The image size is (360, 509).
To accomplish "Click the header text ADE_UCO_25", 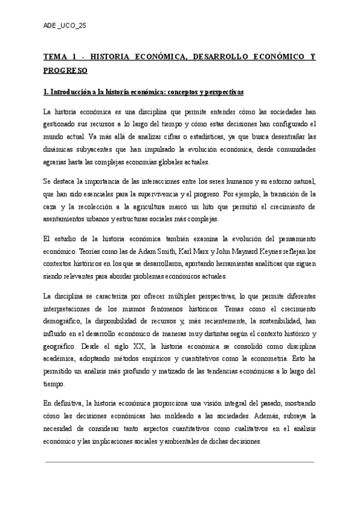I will coord(65,26).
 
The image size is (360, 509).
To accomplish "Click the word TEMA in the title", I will coord(55,58).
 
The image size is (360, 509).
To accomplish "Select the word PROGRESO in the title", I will coord(65,71).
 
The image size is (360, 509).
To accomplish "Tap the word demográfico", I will coord(62,321).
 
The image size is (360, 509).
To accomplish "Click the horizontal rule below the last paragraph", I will coord(180,462).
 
